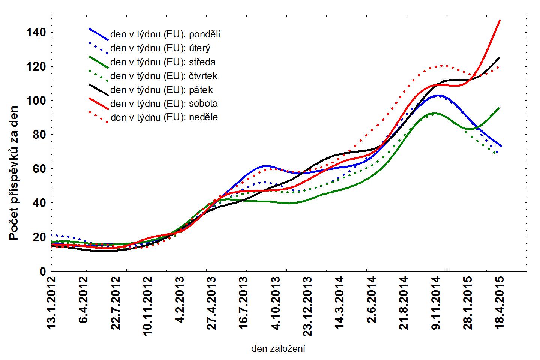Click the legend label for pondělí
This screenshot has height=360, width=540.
pyautogui.click(x=165, y=35)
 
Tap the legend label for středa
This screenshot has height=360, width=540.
pyautogui.click(x=163, y=62)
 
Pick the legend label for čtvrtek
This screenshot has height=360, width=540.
pyautogui.click(x=164, y=76)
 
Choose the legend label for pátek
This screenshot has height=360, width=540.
pyautogui.click(x=162, y=90)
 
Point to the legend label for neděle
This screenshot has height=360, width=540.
pyautogui.click(x=164, y=117)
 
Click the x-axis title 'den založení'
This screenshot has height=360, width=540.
pyautogui.click(x=278, y=349)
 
